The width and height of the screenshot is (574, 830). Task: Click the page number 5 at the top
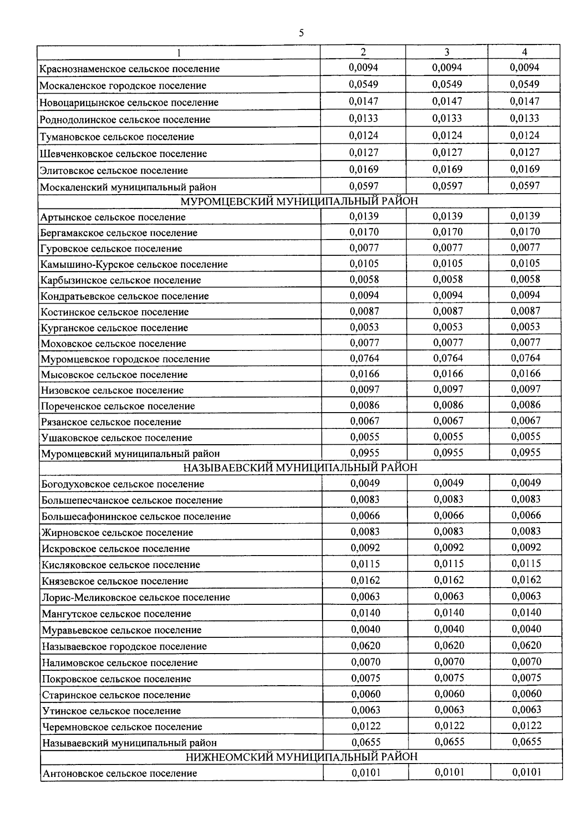[x=301, y=33]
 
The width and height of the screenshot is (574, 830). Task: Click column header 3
[x=446, y=52]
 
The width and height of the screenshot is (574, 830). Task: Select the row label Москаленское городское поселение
[x=123, y=86]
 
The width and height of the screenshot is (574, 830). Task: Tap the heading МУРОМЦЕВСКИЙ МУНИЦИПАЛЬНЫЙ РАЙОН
[x=299, y=201]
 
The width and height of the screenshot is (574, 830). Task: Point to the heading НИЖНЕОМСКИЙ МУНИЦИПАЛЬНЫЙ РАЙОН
[x=301, y=757]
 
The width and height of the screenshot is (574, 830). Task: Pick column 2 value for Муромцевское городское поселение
[x=364, y=358]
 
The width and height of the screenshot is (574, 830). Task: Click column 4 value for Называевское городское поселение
[x=526, y=645]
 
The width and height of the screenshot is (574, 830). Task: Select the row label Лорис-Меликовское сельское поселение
[x=136, y=597]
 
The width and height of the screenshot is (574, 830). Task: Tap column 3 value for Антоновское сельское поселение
[x=449, y=772]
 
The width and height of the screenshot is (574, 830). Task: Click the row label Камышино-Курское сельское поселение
[x=134, y=264]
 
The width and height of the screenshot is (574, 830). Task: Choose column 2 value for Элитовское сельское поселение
[x=364, y=169]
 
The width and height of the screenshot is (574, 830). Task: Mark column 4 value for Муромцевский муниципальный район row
[x=526, y=452]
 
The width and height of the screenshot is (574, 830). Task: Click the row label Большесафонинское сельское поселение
[x=136, y=516]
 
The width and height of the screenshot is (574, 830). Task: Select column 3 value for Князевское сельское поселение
[x=449, y=580]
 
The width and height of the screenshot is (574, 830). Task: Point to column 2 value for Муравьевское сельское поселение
[x=365, y=629]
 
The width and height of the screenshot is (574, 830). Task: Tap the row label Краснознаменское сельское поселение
[x=130, y=69]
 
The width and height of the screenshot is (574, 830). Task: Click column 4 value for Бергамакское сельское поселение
[x=525, y=232]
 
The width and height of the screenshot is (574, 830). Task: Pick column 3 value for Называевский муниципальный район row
[x=449, y=742]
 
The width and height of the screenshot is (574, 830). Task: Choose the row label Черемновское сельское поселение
[x=122, y=727]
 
